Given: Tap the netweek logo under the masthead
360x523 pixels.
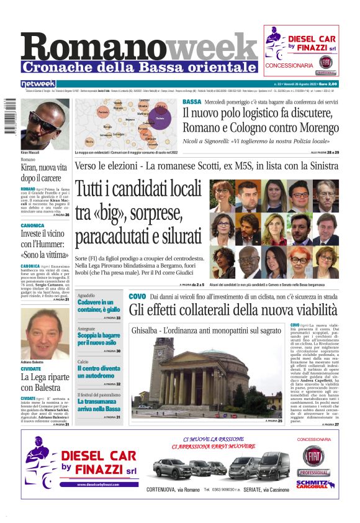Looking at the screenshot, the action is [x=38, y=83].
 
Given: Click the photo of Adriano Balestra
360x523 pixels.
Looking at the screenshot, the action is [x=45, y=332].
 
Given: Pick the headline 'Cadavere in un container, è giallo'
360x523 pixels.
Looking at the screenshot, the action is [x=99, y=305].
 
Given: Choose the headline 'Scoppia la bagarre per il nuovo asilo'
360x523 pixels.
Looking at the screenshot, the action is [x=99, y=339].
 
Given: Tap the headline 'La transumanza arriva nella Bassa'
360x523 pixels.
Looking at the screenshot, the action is [x=99, y=405].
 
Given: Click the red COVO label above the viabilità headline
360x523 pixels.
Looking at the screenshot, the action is [x=137, y=297].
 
